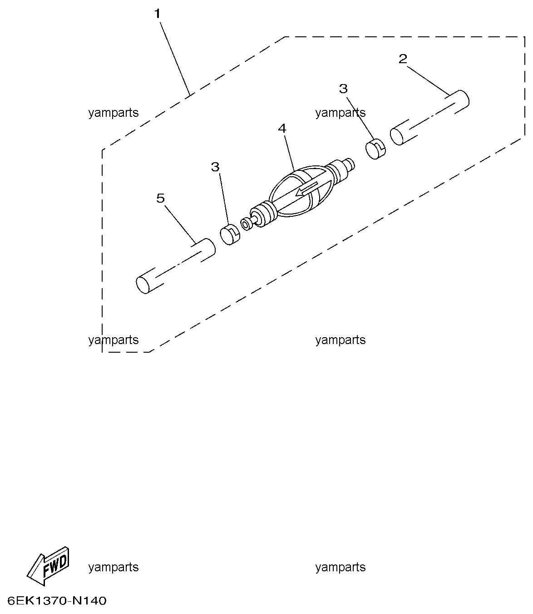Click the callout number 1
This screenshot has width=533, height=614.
157,14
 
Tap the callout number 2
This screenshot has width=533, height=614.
403,59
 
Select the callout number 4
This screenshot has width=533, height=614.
282,129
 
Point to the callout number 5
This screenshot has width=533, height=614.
160,198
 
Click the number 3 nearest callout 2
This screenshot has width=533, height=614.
343,89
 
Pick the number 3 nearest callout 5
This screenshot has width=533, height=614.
215,167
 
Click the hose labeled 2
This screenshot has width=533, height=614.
429,117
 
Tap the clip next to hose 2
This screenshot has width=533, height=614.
375,149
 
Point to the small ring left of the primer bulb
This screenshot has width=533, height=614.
247,224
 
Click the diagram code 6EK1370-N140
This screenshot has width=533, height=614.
57,601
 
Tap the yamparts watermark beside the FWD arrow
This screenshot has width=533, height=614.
114,567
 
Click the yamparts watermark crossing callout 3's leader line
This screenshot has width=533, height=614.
341,113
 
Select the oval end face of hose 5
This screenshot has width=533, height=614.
143,285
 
